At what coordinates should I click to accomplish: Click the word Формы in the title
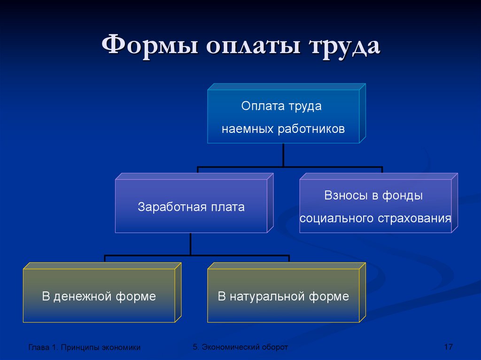(150, 46)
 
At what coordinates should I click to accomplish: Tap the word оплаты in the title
(253, 46)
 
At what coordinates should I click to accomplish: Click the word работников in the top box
(311, 129)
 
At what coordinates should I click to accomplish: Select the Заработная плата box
(194, 203)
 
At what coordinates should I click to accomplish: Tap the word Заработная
(168, 207)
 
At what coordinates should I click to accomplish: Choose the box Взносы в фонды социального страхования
(379, 203)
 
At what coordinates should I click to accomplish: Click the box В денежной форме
(102, 292)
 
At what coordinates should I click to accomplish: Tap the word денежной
(82, 297)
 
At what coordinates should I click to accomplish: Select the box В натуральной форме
(287, 292)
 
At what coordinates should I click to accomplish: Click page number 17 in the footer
(449, 347)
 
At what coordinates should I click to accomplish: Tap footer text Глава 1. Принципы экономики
(85, 347)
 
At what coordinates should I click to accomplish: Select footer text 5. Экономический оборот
(240, 347)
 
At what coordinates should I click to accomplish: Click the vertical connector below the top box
(283, 155)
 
